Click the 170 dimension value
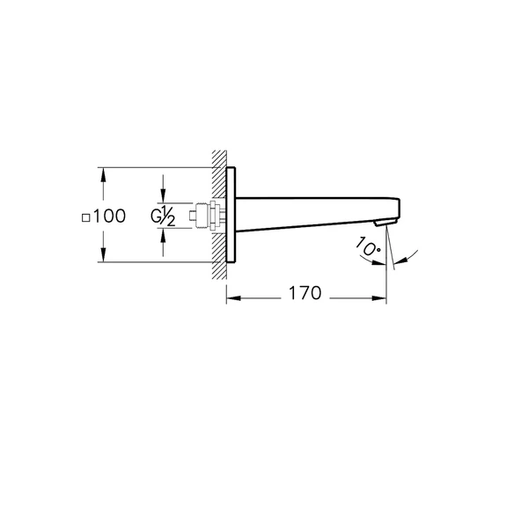tap(304, 294)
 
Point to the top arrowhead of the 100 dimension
tap(104, 173)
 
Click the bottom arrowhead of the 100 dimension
tap(104, 256)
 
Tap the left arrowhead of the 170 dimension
tap(232, 298)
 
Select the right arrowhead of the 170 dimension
tap(381, 298)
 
